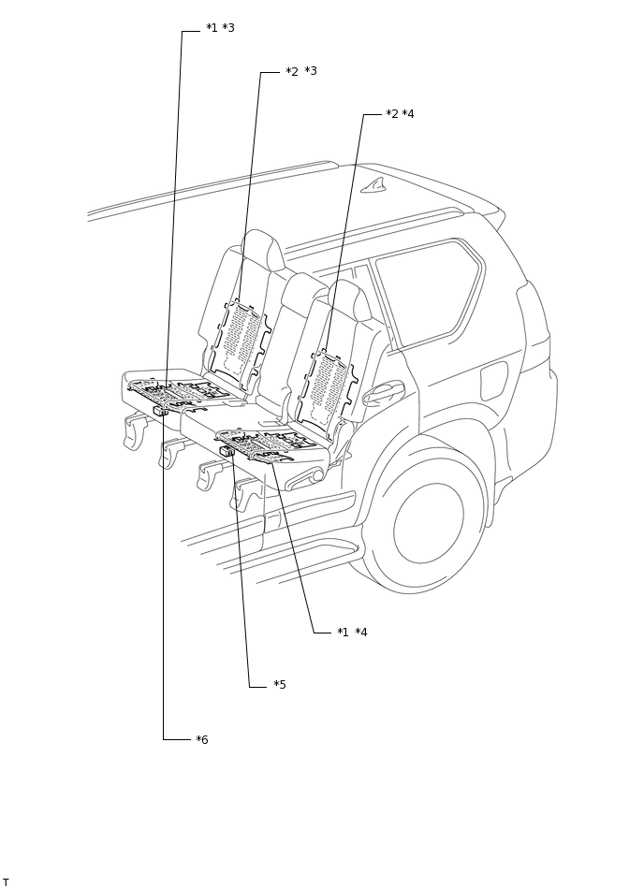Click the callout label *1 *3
pyautogui.click(x=220, y=28)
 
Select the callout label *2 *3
pyautogui.click(x=300, y=71)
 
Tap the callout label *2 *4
pyautogui.click(x=400, y=114)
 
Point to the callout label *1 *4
pyautogui.click(x=352, y=633)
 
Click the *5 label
pyautogui.click(x=280, y=685)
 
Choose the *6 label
pyautogui.click(x=202, y=740)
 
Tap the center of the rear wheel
pyautogui.click(x=429, y=523)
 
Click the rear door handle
pyautogui.click(x=384, y=392)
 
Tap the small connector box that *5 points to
pyautogui.click(x=227, y=451)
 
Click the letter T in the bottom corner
pyautogui.click(x=6, y=881)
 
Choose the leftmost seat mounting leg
pyautogui.click(x=137, y=429)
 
